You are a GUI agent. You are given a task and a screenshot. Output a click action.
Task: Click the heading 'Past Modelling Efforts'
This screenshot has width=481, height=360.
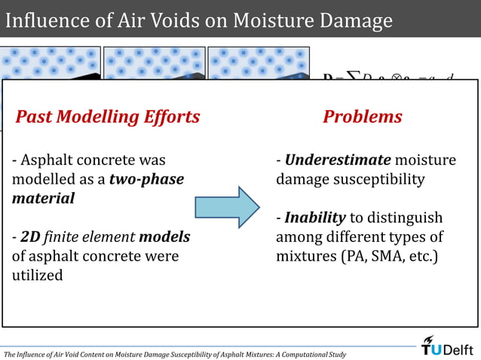tap(108, 117)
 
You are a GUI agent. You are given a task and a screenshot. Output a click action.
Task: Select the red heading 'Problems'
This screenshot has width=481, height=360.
tap(362, 117)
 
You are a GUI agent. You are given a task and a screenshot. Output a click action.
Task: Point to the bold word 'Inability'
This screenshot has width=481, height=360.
tap(314, 218)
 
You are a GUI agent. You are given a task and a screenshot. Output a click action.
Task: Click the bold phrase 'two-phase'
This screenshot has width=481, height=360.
tap(146, 179)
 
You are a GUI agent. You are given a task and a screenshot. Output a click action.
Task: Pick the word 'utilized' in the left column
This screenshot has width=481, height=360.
tap(38, 276)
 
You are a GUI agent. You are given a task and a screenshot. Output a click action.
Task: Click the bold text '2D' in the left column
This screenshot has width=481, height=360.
tap(30, 237)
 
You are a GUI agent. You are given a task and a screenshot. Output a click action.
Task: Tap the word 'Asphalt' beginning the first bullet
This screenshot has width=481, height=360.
tap(45, 160)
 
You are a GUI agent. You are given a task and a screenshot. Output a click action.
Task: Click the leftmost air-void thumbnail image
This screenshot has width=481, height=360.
tap(50, 63)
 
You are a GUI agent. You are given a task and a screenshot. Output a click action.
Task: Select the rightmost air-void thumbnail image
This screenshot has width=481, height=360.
tap(258, 63)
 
